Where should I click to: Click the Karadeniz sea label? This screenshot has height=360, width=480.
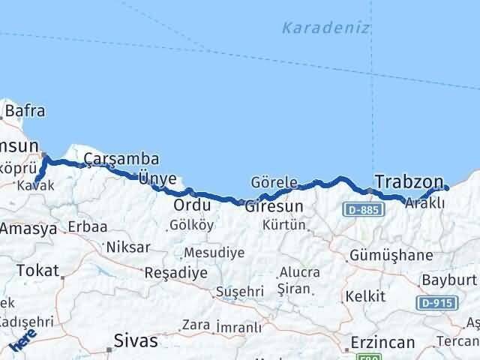tap(325, 28)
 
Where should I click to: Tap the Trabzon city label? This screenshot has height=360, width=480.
tap(409, 181)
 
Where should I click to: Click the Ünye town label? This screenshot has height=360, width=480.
tap(157, 178)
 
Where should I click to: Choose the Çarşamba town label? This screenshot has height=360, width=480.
tap(121, 158)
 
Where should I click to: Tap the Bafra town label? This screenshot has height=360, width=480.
tap(25, 111)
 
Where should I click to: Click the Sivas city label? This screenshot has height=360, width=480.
tap(136, 340)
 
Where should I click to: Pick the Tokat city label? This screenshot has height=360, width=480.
tap(37, 271)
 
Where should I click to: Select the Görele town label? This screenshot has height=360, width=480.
tap(274, 182)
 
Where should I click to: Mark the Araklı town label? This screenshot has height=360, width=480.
tap(425, 202)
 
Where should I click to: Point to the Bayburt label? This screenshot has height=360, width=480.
tap(449, 279)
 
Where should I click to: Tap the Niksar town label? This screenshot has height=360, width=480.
tap(128, 247)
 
